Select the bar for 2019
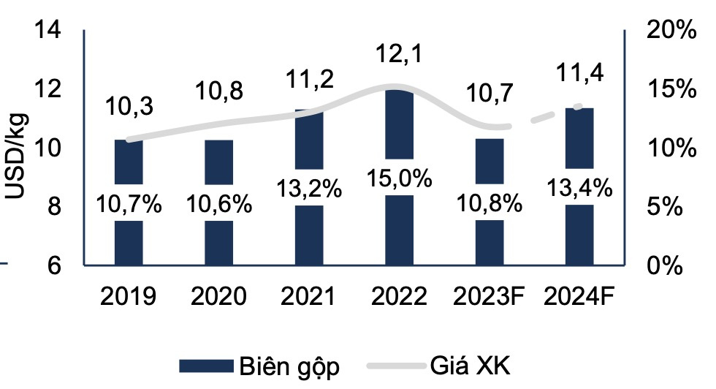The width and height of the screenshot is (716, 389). (x=129, y=241)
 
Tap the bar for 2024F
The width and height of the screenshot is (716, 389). (x=579, y=234)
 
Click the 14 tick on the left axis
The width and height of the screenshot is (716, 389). (x=54, y=31)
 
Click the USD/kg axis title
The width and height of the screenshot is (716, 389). (x=16, y=157)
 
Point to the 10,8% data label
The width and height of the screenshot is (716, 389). (x=490, y=203)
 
